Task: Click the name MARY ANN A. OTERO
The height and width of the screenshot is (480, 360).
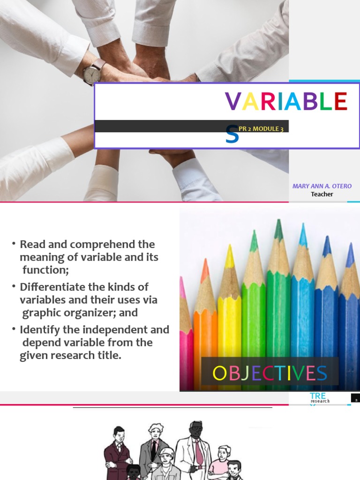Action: pyautogui.click(x=322, y=186)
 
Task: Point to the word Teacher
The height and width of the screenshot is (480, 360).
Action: pyautogui.click(x=322, y=194)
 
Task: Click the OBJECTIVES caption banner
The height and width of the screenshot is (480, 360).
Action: pyautogui.click(x=270, y=374)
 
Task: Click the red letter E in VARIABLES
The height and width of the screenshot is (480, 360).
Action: pyautogui.click(x=341, y=101)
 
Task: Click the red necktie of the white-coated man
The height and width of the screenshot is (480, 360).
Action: pyautogui.click(x=199, y=452)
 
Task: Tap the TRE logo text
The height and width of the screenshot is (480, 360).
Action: pyautogui.click(x=318, y=397)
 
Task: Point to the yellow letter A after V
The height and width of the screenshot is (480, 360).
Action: pyautogui.click(x=250, y=101)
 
